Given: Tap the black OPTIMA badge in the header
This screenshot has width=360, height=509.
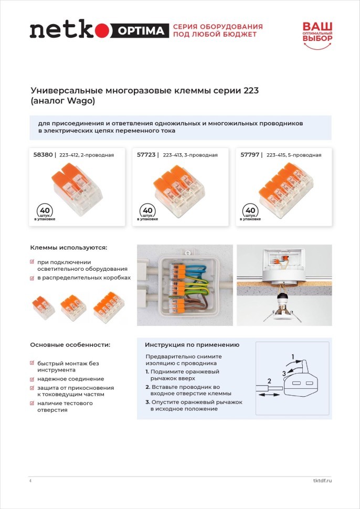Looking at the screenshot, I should point(141,31).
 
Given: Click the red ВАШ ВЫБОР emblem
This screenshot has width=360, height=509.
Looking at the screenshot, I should point(317,35).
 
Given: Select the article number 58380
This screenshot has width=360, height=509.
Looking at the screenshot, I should point(42,155).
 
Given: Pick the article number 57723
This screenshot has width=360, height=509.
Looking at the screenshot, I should point(147,155).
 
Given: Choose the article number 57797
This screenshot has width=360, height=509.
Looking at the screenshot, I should point(250,155).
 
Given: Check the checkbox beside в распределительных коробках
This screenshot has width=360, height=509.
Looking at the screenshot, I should point(33,278).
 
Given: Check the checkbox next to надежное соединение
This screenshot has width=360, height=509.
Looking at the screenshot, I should point(33,379).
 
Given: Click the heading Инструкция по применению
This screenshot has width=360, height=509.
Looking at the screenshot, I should point(192,345).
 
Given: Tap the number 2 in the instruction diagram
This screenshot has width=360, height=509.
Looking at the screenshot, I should point(269,380).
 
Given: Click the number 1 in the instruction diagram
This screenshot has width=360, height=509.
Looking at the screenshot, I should point(293,357).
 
